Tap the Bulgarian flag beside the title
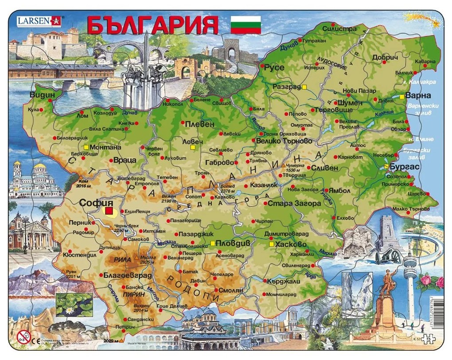coord(246,25)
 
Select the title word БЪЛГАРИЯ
coord(153,25)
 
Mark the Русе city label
coord(274,68)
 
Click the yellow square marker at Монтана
coord(86,147)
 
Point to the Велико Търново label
coord(284,141)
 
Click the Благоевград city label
coord(126,275)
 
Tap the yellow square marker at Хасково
coord(271,244)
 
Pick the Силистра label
coord(340,29)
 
